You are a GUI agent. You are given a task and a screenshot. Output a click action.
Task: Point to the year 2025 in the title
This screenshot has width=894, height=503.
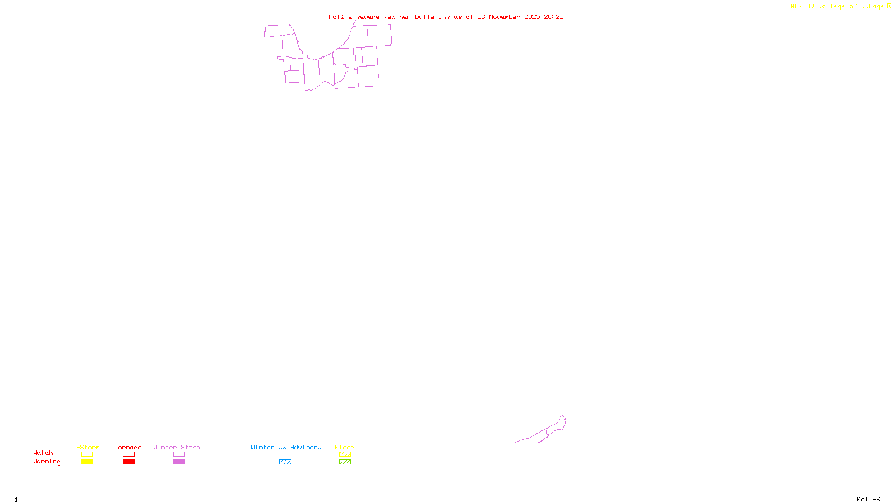click(532, 17)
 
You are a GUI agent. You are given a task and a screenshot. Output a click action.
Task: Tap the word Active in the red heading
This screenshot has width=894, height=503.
click(340, 17)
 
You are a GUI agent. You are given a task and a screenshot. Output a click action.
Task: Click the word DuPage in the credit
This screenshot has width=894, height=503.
click(872, 6)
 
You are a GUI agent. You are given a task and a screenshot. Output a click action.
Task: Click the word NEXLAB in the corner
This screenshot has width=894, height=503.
click(802, 6)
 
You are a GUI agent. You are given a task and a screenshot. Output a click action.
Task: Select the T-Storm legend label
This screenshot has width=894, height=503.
click(86, 447)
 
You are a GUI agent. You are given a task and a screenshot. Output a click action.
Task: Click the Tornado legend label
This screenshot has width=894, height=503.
click(128, 447)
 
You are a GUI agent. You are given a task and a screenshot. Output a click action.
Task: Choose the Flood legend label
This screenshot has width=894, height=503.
click(345, 447)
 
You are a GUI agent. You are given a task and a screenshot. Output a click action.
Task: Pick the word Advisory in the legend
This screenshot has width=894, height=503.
click(306, 447)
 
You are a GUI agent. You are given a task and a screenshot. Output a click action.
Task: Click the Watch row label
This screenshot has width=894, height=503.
click(43, 453)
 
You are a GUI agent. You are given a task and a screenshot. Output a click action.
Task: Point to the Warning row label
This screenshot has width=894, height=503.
click(46, 462)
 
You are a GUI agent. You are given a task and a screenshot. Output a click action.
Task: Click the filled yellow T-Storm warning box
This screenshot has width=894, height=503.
click(87, 462)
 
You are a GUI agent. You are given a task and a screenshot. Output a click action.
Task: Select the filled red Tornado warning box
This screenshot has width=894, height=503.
click(129, 462)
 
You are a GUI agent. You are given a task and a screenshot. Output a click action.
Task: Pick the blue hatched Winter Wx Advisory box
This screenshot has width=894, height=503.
click(285, 462)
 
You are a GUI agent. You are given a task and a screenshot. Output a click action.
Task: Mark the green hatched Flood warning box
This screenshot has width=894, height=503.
click(345, 462)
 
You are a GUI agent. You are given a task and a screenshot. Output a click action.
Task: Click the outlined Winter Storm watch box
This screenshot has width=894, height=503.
click(179, 454)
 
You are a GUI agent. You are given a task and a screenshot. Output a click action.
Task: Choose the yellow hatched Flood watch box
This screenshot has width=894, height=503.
click(345, 454)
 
